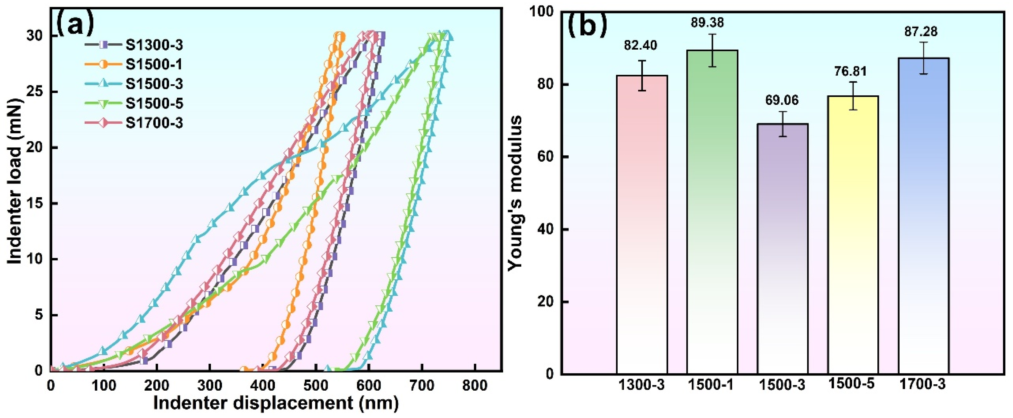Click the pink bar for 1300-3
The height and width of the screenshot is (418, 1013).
(x=642, y=224)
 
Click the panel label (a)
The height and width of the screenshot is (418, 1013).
(x=76, y=24)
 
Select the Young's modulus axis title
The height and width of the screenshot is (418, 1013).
(x=515, y=193)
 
